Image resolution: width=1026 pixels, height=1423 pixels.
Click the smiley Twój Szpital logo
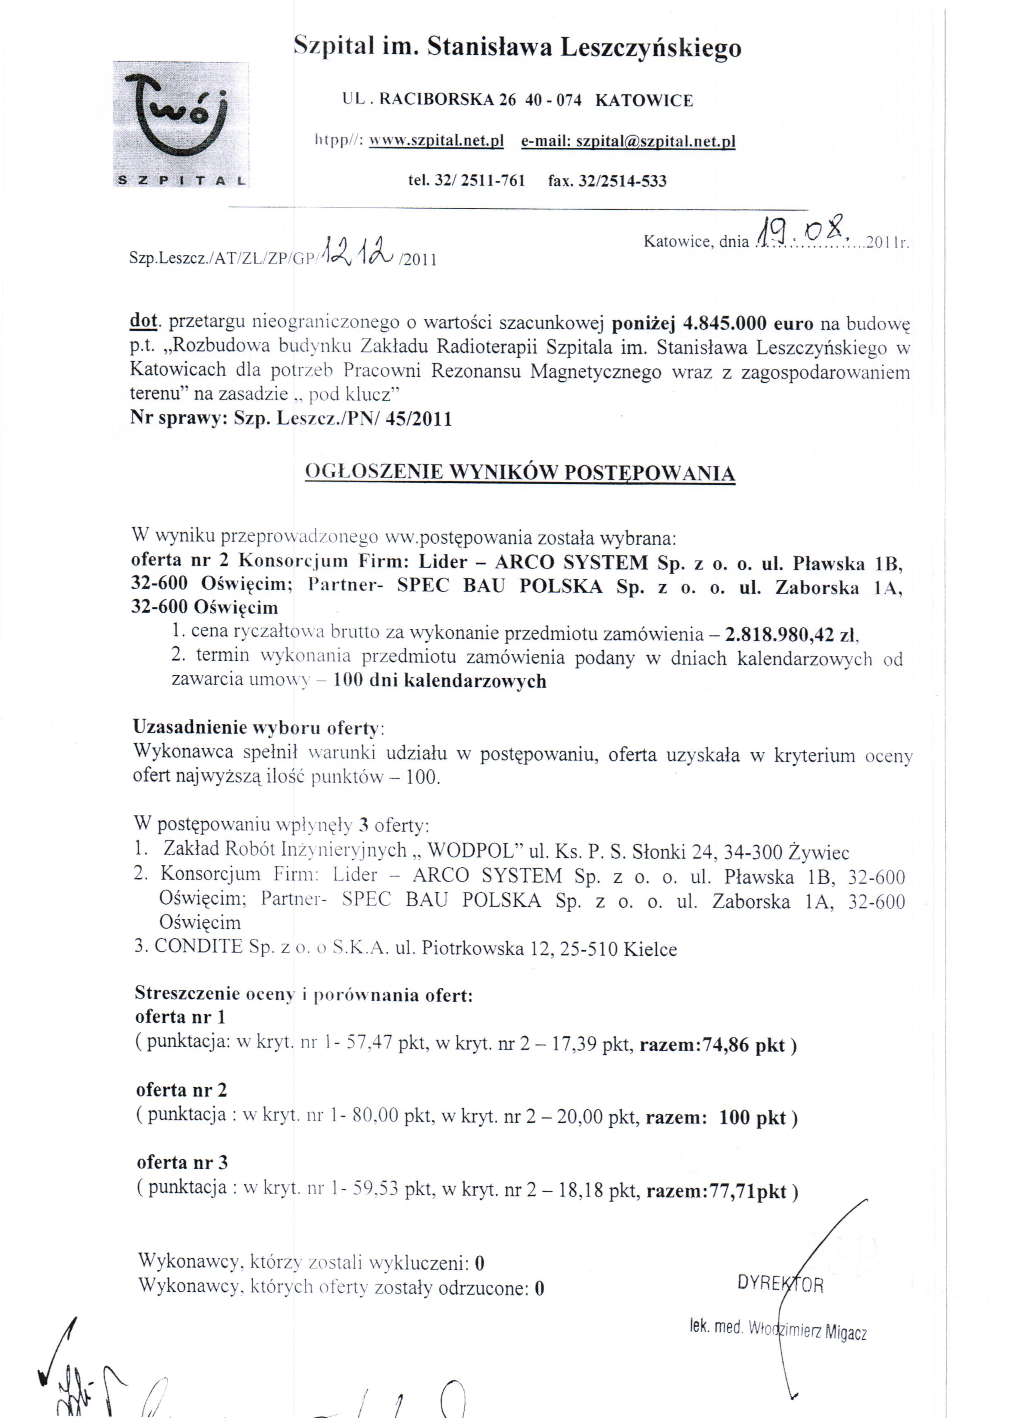point(181,124)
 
